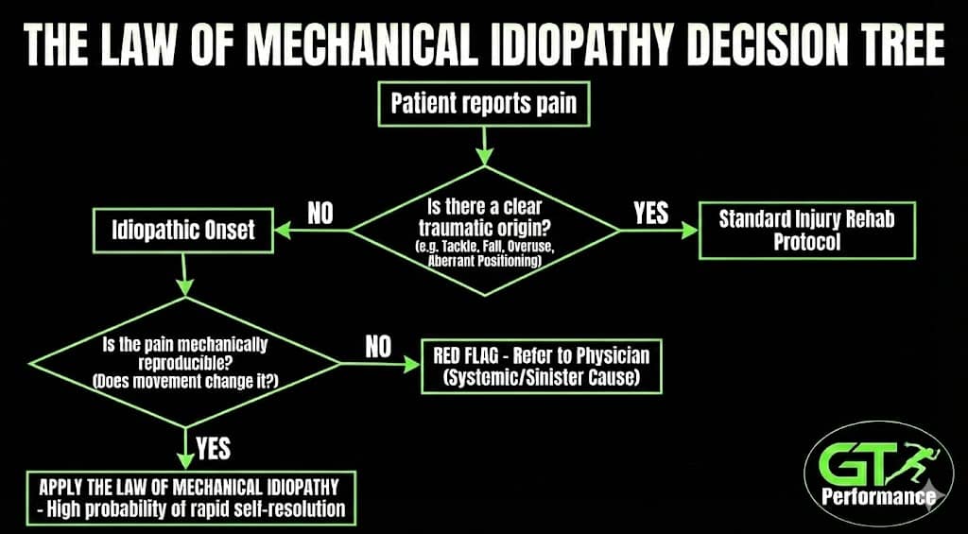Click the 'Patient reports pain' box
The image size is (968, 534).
click(484, 102)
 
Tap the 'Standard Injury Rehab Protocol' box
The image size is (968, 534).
click(805, 229)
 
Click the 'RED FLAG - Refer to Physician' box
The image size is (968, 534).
click(541, 367)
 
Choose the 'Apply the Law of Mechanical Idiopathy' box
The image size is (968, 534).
click(191, 499)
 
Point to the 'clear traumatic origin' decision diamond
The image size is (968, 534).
click(484, 231)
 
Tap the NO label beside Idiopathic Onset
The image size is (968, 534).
click(320, 214)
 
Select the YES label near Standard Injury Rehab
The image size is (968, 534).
click(650, 214)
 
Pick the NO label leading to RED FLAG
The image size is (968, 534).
click(378, 347)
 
